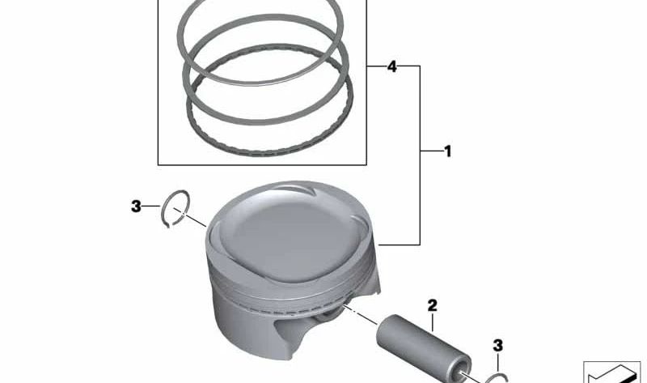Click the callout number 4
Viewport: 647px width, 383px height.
pos(391,66)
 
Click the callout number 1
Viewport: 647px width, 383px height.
pos(447,151)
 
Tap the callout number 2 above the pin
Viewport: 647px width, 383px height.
pos(432,305)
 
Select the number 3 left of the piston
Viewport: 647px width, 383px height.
pos(136,206)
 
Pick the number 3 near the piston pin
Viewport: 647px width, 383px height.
pos(497,346)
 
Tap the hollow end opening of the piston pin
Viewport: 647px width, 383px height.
pos(462,370)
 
